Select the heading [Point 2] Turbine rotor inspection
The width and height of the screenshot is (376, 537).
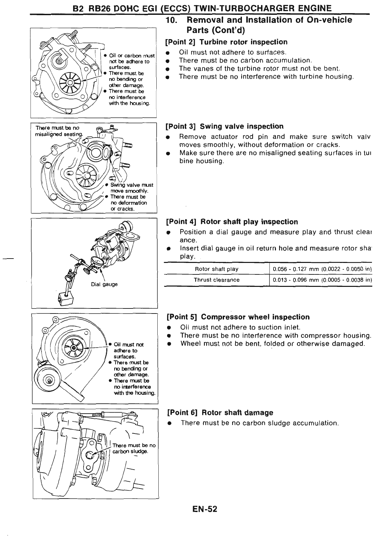tap(226, 42)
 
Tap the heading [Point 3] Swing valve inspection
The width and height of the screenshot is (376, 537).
tap(225, 126)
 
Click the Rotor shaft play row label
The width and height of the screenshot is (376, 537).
tap(217, 269)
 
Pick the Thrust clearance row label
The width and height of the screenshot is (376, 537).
tap(217, 280)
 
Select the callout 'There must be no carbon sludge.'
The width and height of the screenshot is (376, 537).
tap(133, 448)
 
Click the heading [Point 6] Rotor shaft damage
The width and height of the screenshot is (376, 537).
tap(220, 413)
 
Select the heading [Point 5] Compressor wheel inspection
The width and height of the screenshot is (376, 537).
tap(238, 317)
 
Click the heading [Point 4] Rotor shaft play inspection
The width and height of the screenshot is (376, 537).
tap(232, 222)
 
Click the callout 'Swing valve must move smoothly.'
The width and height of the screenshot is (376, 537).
tap(131, 188)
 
